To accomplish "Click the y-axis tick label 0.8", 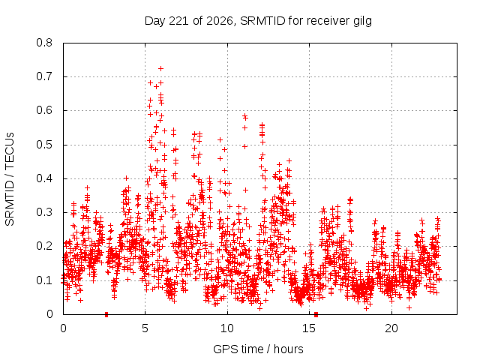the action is tap(44, 43).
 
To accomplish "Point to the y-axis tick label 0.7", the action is tap(44, 76).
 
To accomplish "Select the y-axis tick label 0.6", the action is tap(44, 110).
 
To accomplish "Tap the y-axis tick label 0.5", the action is tap(44, 145).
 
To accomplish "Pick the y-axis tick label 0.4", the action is tap(44, 178).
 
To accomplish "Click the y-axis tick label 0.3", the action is tap(44, 212).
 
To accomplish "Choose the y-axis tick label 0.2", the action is tap(44, 246).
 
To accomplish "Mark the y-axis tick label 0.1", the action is tap(44, 280).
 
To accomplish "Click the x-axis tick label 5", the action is tap(145, 328).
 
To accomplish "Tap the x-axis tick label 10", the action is tap(227, 328).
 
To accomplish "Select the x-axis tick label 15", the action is tap(309, 328).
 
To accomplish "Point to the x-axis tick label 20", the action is tap(391, 328).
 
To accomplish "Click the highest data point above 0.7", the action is tap(160, 68).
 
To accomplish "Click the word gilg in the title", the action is tap(361, 21).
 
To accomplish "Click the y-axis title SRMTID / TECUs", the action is tap(10, 179).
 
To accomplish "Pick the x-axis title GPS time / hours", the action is tap(258, 349).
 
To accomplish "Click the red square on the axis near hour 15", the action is tap(316, 314).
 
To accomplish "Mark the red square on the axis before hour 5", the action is tap(106, 314).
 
